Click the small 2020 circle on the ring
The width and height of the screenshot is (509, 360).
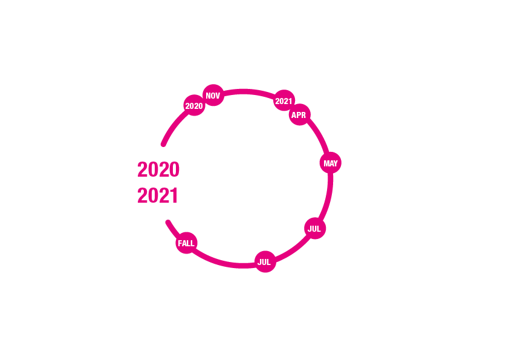[194, 105]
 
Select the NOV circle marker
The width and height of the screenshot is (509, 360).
[213, 95]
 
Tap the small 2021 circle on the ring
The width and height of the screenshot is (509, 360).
[284, 100]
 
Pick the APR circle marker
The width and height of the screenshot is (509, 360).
[300, 114]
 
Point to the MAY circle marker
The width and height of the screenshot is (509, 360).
[331, 163]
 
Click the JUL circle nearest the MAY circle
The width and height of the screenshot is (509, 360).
[315, 229]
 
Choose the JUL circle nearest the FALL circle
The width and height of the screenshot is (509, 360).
[265, 261]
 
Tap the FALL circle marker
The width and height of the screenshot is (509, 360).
[186, 243]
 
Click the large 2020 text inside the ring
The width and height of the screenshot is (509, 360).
[158, 169]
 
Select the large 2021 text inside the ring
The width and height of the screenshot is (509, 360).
[158, 195]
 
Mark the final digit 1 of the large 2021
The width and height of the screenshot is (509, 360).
[174, 195]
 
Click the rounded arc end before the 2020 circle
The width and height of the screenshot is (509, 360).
[164, 144]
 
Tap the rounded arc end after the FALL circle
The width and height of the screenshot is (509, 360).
[168, 223]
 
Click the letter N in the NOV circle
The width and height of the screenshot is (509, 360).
[209, 96]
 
